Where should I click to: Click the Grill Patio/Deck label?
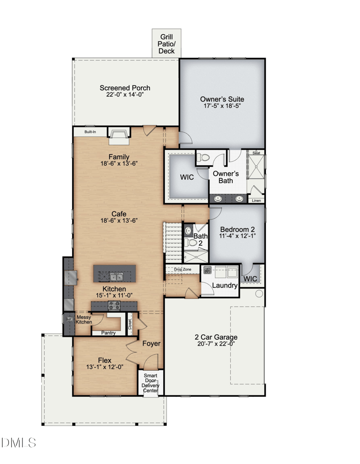point(166,44)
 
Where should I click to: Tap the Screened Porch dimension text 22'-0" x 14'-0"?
point(125,95)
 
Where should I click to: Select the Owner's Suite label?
point(222,99)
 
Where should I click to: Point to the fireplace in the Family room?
point(119,135)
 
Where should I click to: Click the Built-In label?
point(90,132)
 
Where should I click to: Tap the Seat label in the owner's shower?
point(256,153)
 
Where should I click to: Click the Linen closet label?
point(256,201)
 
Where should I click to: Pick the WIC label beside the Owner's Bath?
point(187,177)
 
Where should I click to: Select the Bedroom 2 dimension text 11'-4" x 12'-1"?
point(237,236)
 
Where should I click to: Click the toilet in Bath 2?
point(191,243)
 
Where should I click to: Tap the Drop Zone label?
point(183,270)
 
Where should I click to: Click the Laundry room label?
point(225,286)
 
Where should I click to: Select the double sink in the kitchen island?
point(116,277)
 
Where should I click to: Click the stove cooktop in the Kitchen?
point(114,306)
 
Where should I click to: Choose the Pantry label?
point(108,333)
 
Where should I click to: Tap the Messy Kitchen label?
point(84,320)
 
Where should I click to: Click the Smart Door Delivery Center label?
point(151,383)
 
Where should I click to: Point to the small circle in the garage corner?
point(259,293)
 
